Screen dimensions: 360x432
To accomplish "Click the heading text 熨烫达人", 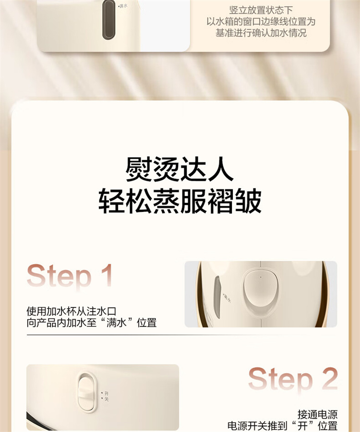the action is [180, 169].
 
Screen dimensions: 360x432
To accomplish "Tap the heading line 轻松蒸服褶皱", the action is [180, 200].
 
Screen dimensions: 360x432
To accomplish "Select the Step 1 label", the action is [70, 276].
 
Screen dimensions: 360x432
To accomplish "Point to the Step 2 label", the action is [293, 379].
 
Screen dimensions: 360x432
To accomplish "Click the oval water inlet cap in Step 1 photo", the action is [261, 292].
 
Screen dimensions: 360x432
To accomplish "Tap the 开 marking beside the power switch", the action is [107, 394].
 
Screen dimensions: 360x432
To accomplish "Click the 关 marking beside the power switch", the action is [107, 399].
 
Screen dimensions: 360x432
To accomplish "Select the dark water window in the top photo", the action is [108, 20].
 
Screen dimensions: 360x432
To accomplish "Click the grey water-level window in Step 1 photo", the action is [217, 297].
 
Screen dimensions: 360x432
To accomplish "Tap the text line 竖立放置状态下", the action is [261, 10].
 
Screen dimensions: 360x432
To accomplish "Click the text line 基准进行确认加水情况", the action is [261, 33].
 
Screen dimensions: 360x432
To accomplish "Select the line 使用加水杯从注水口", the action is [72, 311].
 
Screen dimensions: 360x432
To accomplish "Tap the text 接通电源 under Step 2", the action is [317, 414].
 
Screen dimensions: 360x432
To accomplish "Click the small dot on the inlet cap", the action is [261, 278].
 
